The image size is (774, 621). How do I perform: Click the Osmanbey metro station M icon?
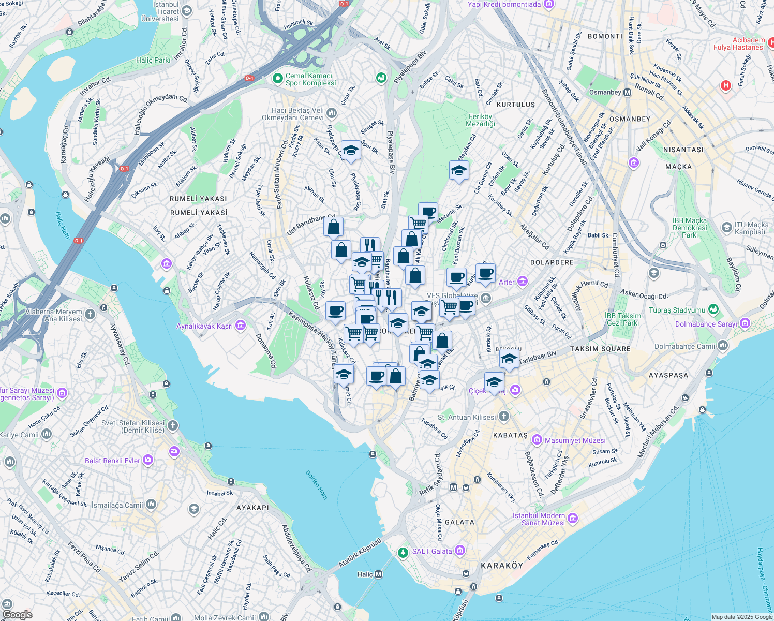coord(628,93)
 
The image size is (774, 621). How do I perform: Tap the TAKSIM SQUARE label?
coord(600,349)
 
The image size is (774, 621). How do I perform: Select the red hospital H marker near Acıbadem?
coord(725,85)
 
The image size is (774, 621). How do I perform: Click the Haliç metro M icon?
coord(379,574)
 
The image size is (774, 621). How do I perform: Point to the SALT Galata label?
coord(432,551)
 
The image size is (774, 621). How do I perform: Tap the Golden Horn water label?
coord(316,484)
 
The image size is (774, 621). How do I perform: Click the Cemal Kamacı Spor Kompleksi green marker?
coord(278,79)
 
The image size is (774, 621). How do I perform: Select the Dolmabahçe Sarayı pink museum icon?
coord(745,323)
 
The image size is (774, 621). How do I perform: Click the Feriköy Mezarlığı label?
coord(481,120)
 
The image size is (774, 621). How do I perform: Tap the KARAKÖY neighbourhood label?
coord(502,566)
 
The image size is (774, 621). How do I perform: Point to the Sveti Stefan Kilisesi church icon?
coord(173,425)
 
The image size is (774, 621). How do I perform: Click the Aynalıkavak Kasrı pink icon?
coord(240,326)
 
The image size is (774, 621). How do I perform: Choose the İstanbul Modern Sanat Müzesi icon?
coord(573,518)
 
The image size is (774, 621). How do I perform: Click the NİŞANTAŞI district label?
coord(683,150)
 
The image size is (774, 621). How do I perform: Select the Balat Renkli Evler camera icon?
coord(148,460)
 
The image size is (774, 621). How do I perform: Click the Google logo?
coord(18,615)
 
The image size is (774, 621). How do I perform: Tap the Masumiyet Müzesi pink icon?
coord(537,440)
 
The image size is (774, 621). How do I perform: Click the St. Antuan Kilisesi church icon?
coord(504,417)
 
